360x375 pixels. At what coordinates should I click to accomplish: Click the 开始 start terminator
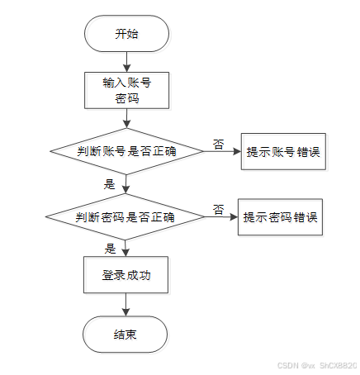pos(126,34)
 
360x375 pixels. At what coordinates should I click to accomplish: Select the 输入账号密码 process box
pos(126,90)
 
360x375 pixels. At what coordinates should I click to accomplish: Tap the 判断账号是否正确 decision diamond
pos(126,151)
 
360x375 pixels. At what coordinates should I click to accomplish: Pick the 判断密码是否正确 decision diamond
pos(126,217)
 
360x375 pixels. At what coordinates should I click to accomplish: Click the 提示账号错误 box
pos(283,151)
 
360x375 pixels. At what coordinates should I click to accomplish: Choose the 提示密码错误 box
pos(280,217)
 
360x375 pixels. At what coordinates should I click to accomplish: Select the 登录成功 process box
pos(126,275)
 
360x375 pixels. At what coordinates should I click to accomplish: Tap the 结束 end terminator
pos(126,335)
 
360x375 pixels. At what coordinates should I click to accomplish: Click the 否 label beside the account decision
pos(219,145)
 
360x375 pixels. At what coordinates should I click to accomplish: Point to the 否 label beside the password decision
pos(219,210)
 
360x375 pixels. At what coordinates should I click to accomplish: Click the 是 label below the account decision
pos(109,184)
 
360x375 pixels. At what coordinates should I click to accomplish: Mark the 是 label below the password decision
pos(110,249)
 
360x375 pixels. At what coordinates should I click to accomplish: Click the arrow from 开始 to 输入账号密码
pos(126,62)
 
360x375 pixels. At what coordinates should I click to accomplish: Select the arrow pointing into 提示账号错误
pos(222,151)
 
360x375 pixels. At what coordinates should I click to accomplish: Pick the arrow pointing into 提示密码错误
pos(221,217)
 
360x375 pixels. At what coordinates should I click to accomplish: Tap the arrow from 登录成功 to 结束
pos(126,305)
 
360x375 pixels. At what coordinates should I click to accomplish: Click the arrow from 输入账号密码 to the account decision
pos(126,118)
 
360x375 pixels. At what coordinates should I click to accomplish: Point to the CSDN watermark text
pos(317,365)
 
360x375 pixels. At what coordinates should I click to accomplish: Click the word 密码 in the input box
pos(127,98)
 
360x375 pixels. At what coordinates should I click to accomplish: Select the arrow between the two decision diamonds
pos(126,184)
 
